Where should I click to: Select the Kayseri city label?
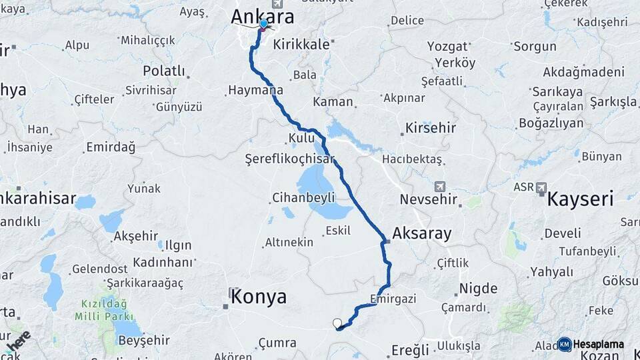(x=580, y=199)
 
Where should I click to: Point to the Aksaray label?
(x=422, y=233)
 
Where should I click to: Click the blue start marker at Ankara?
(x=263, y=25)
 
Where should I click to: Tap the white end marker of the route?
(x=337, y=323)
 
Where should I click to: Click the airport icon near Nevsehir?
(x=439, y=187)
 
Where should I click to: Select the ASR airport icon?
(x=541, y=187)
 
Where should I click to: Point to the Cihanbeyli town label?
(x=303, y=197)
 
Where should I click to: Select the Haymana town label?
(x=255, y=89)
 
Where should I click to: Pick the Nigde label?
(x=478, y=289)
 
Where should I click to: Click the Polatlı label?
(x=164, y=71)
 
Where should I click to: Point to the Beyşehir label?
(x=143, y=340)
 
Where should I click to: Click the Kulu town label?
(x=301, y=137)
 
